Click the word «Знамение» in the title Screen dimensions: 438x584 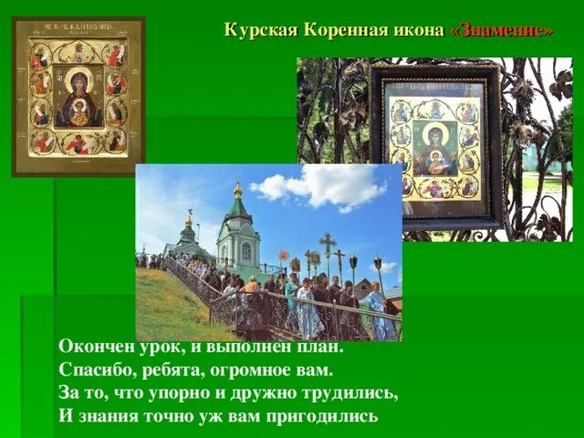[502, 29]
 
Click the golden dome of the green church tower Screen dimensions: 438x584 [238, 191]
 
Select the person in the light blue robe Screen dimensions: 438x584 [378, 315]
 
